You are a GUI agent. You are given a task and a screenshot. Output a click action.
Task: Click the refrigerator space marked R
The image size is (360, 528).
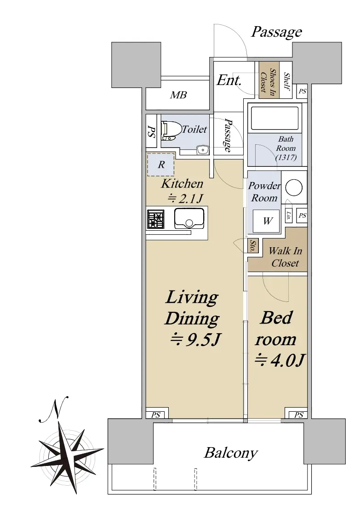click(161, 165)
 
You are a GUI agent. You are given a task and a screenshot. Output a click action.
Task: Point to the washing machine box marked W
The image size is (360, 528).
click(266, 221)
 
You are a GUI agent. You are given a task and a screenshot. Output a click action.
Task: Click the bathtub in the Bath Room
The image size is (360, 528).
click(275, 118)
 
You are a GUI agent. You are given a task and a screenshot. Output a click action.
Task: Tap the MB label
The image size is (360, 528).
click(178, 95)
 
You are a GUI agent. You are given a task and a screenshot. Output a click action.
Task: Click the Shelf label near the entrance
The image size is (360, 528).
click(287, 81)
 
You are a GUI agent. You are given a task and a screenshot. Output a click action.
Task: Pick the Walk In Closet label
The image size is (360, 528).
click(285, 256)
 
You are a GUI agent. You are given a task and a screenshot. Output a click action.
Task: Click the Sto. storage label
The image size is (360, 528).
click(252, 246)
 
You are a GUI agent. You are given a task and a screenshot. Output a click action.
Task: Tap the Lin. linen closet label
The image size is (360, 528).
click(289, 215)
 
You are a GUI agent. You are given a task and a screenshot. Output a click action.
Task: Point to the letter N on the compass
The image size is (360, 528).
click(55, 409)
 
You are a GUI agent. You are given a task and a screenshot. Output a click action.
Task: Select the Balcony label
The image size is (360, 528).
click(231, 453)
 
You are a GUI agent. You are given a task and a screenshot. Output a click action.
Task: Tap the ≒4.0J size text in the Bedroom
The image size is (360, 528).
click(279, 360)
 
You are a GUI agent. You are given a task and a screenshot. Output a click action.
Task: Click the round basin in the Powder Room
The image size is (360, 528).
click(294, 187)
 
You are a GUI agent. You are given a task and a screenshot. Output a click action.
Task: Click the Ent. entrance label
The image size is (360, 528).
click(229, 80)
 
